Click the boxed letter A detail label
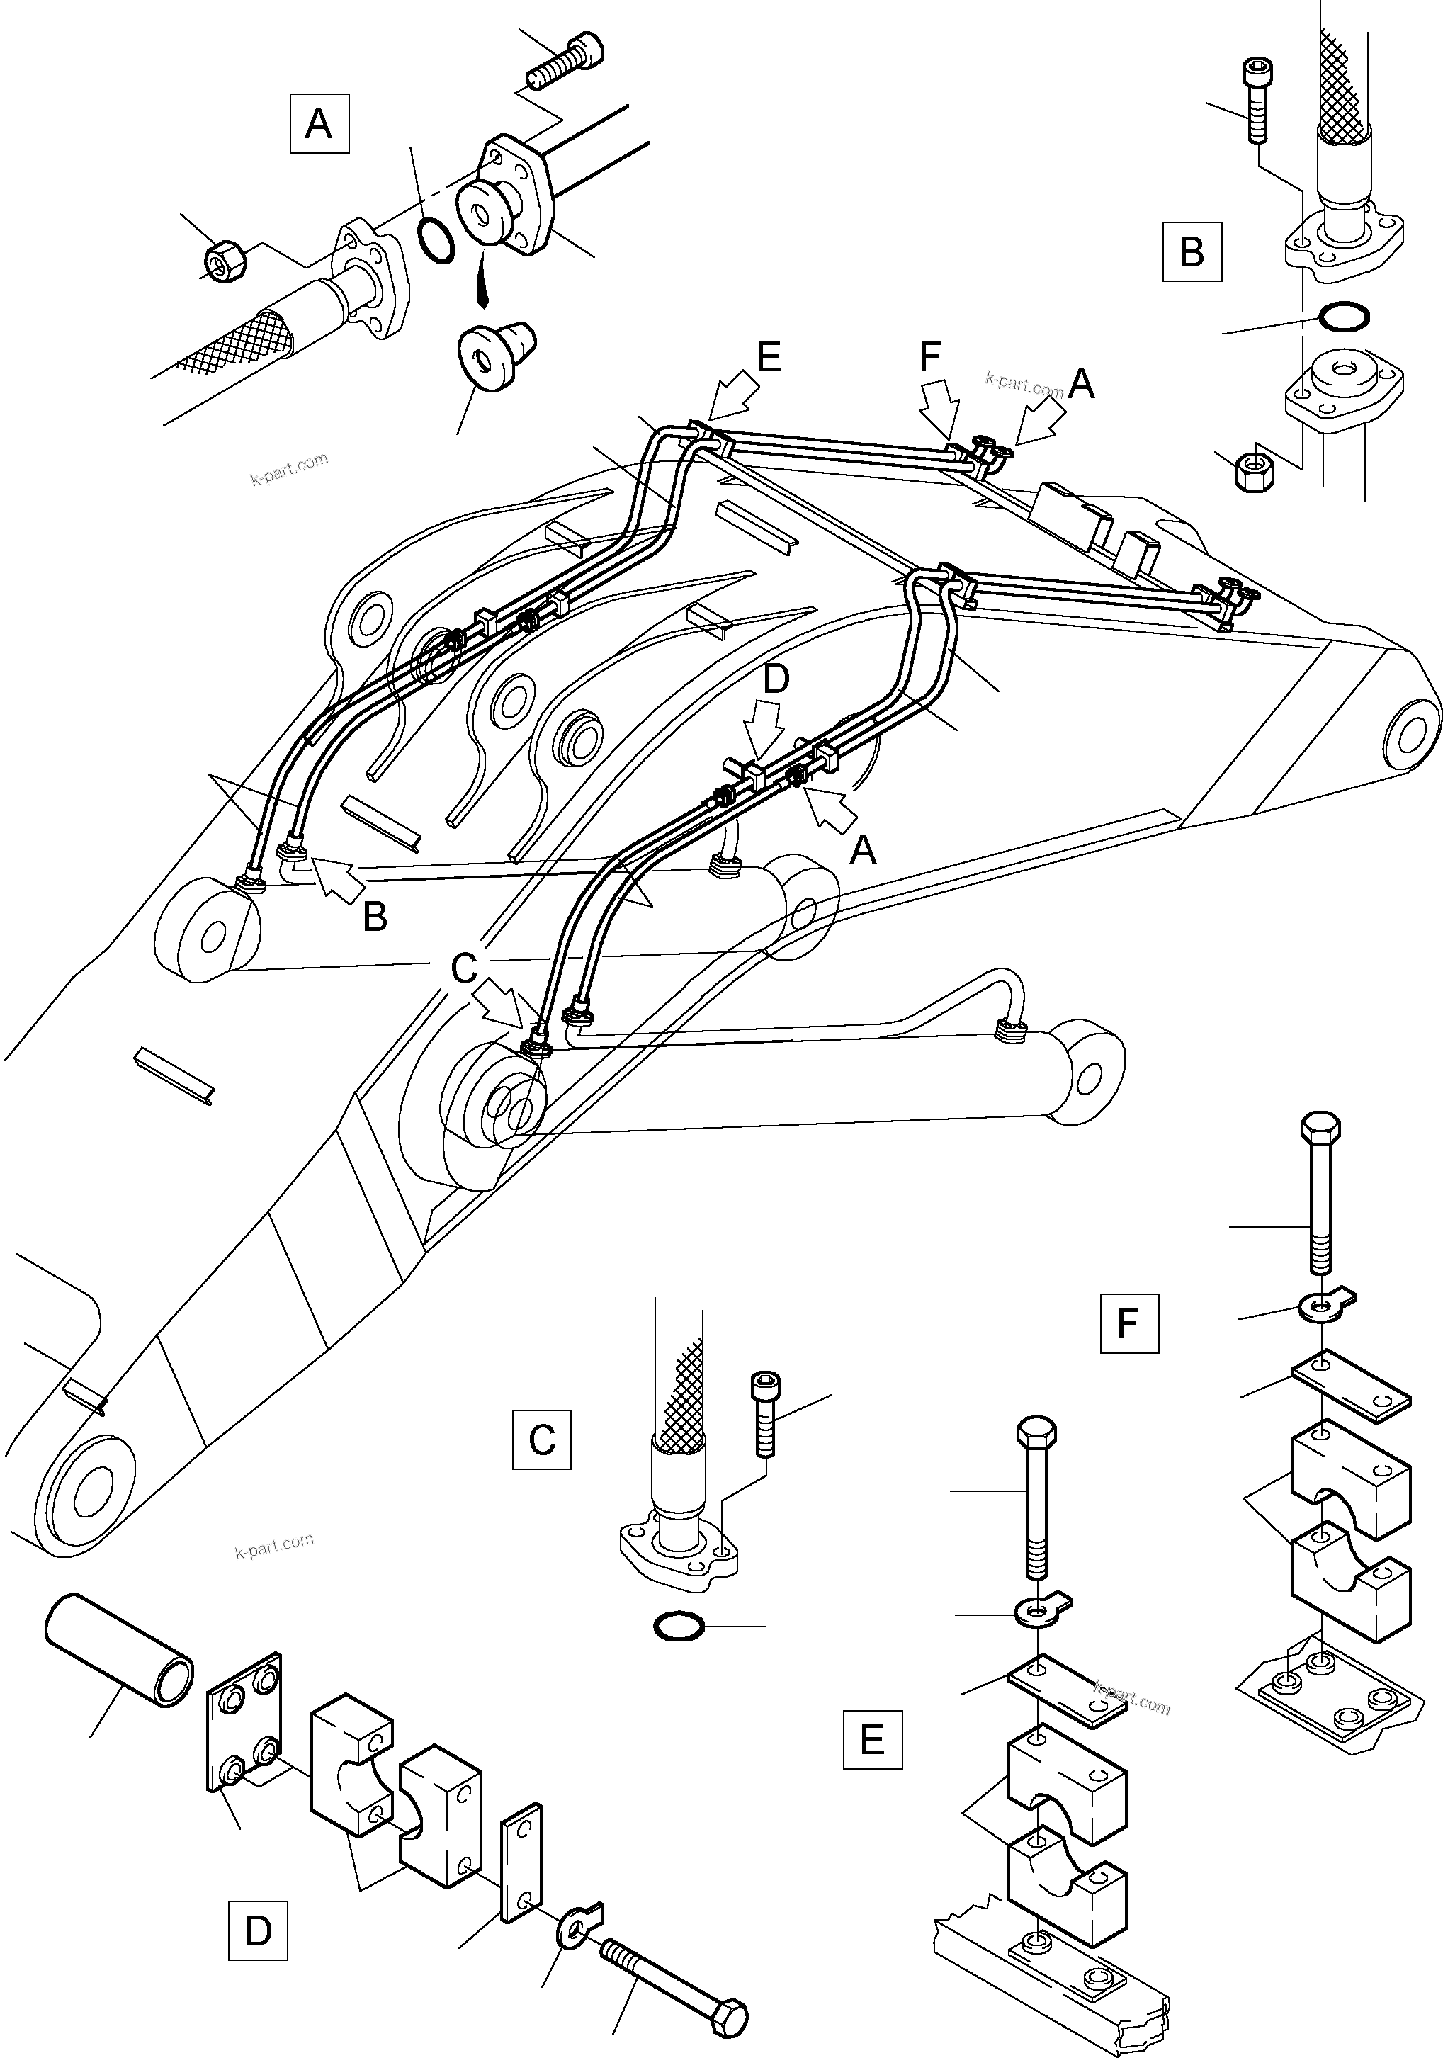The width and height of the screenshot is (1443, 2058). [319, 124]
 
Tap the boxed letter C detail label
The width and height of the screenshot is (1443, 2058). [541, 1440]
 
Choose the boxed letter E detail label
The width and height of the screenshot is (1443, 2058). [872, 1739]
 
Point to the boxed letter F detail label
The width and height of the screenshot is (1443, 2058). [1128, 1323]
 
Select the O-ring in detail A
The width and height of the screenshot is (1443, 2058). [436, 241]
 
